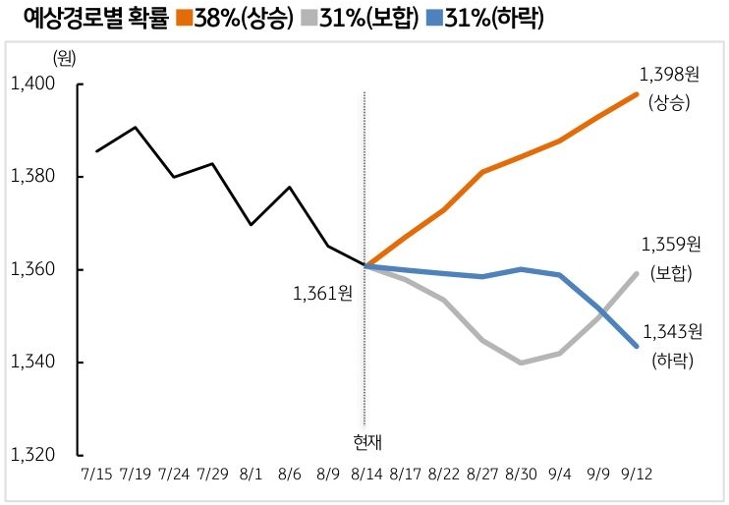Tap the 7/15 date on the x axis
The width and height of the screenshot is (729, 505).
(x=96, y=474)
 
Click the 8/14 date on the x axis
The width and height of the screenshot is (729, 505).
(x=364, y=474)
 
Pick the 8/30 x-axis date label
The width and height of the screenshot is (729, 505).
(x=521, y=474)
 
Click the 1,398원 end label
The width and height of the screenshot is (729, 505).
(x=670, y=75)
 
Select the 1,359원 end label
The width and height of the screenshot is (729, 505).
(x=670, y=244)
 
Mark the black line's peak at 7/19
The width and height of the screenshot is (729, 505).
(x=135, y=128)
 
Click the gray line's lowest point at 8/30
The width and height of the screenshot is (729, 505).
(x=521, y=363)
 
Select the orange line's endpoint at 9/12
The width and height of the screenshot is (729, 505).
(x=637, y=94)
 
